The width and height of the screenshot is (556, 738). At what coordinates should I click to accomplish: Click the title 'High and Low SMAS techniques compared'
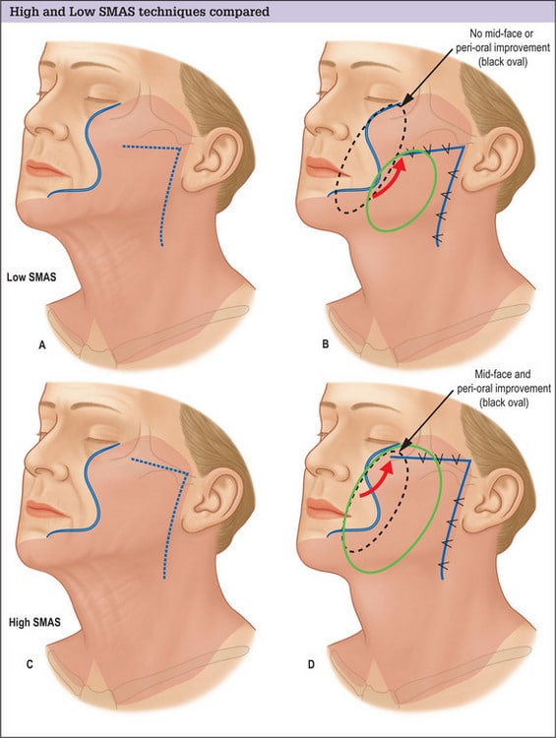(x=140, y=11)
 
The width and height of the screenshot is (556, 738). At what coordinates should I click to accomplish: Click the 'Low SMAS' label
(x=31, y=277)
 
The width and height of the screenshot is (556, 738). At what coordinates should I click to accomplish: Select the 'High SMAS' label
(x=34, y=622)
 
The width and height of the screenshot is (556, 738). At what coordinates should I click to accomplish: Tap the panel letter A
(x=42, y=345)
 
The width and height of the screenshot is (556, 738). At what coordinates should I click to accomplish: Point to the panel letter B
(x=326, y=344)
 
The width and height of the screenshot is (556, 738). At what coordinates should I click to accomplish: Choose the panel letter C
(x=30, y=664)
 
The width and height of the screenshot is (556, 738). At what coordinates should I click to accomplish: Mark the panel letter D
(x=311, y=664)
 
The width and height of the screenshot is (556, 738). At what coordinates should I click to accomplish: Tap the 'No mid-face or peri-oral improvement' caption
(x=503, y=47)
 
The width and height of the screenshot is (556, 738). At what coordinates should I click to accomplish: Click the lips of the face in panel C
(x=44, y=510)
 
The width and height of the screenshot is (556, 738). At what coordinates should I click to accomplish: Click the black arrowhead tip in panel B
(x=402, y=104)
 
